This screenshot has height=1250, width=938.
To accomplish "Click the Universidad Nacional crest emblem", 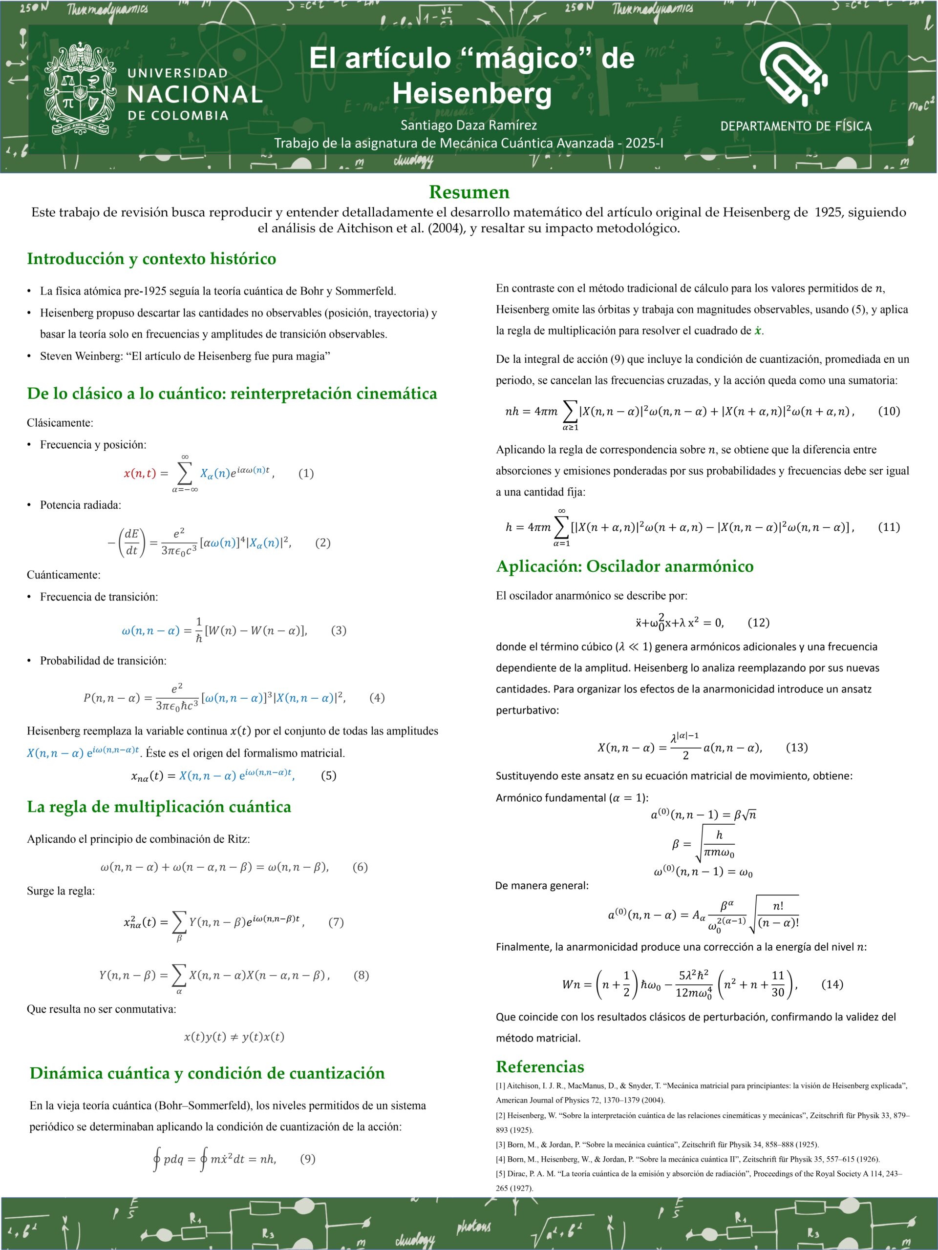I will [x=80, y=89].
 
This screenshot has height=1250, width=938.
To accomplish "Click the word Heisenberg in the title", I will [x=471, y=93].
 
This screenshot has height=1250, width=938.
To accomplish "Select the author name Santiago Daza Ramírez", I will [x=468, y=125].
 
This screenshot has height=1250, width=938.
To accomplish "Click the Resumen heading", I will [x=469, y=192].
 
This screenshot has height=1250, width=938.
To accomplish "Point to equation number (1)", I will [x=306, y=473].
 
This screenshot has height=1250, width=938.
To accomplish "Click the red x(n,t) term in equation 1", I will [x=139, y=473].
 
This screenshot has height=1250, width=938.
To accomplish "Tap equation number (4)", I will [x=377, y=697].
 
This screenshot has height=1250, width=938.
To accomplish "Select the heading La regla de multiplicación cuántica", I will [x=159, y=807].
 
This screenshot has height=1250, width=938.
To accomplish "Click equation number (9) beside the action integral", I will [x=308, y=1159].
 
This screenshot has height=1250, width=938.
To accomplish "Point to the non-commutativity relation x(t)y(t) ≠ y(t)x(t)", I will [x=234, y=1037].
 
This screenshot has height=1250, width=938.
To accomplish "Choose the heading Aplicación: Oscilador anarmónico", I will [x=625, y=566].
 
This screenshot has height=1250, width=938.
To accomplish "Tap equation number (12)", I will [x=758, y=622].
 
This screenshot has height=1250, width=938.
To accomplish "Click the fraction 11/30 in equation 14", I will [x=778, y=984].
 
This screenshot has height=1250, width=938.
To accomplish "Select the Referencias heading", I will [x=540, y=1066].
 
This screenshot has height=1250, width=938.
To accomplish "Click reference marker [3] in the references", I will [x=501, y=1145].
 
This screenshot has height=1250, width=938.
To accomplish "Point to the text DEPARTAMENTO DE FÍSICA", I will [x=795, y=126].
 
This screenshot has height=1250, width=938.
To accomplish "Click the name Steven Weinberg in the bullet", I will [x=80, y=356].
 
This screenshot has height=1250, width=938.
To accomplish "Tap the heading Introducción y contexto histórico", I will [x=151, y=259].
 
